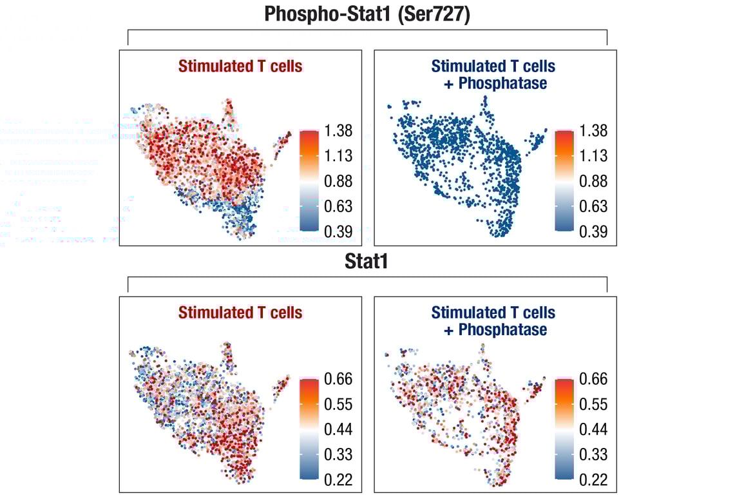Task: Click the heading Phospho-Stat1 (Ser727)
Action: click(x=367, y=14)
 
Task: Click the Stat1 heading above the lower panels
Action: click(x=367, y=263)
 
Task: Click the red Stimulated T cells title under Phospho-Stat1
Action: click(x=240, y=66)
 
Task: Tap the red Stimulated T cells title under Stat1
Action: click(x=240, y=313)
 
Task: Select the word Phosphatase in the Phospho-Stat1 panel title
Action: click(x=502, y=83)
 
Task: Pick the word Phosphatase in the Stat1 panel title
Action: click(x=502, y=330)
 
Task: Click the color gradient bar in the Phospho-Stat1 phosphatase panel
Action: click(x=564, y=180)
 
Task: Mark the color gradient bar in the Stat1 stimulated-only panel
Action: click(x=309, y=429)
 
